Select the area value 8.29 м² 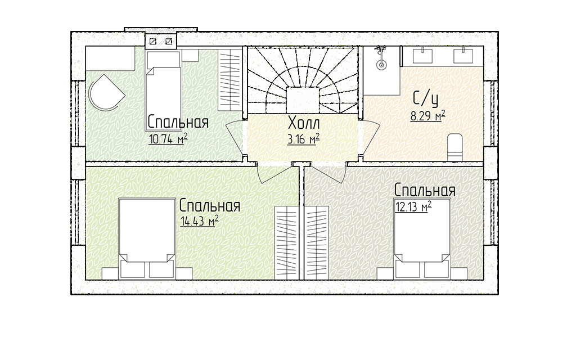428,116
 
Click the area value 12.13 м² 413,207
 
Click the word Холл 304,123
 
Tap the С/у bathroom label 426,98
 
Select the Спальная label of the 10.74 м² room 178,122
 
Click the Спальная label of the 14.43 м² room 210,206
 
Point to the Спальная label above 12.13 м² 425,190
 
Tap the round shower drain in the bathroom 382,65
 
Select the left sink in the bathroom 423,56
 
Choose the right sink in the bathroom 463,56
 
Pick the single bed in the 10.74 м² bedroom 164,91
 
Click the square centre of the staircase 302,100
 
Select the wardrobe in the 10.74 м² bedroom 229,79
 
